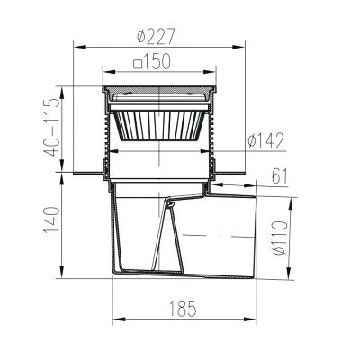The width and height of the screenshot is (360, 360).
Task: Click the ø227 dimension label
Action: (x=156, y=36)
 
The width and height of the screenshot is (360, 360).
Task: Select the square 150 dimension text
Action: (x=152, y=61)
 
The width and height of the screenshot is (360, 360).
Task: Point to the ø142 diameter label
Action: (x=265, y=141)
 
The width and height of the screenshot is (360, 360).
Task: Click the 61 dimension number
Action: (x=280, y=177)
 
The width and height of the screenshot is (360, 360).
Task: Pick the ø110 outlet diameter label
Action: (x=280, y=238)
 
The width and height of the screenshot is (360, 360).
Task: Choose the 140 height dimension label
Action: (x=52, y=220)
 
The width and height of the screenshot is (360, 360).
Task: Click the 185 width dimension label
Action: (x=183, y=309)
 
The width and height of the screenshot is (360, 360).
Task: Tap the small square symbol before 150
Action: (x=138, y=65)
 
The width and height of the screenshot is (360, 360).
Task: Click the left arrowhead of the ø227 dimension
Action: (x=80, y=47)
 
